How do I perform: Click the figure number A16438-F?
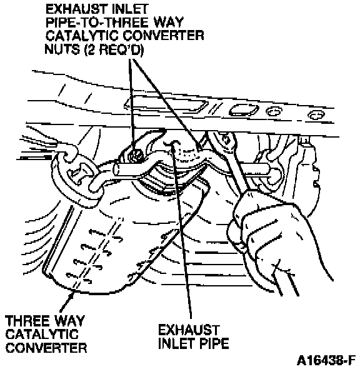[x=327, y=360]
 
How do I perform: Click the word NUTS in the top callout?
[x=62, y=49]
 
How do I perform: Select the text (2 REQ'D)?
[x=113, y=49]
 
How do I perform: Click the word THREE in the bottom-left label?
[x=27, y=321]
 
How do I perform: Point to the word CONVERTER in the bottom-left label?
[x=46, y=348]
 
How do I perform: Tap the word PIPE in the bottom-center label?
[x=214, y=343]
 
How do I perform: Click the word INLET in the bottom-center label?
[x=176, y=343]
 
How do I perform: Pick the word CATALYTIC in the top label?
[x=82, y=36]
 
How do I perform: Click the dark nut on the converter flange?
[x=135, y=156]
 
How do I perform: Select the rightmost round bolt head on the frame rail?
[x=316, y=115]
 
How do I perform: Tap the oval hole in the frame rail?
[x=244, y=110]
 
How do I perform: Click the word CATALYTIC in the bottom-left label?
[x=42, y=334]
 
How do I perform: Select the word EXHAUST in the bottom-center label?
[x=189, y=330]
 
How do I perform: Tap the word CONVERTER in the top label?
[x=163, y=36]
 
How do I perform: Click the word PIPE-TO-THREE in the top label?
[x=97, y=23]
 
